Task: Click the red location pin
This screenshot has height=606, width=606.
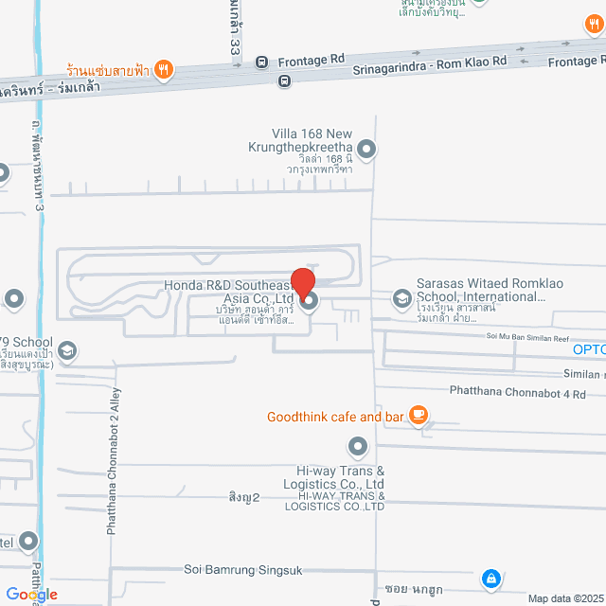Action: pos(303,283)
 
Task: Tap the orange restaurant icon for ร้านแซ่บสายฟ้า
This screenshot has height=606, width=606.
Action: pos(164,68)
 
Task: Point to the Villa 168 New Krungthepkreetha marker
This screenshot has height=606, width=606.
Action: pos(366,149)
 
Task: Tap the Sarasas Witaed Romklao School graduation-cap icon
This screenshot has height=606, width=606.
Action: pos(401,300)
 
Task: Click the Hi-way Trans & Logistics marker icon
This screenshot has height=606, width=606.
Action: pos(357,445)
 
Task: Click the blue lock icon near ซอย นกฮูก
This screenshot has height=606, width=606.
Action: pos(490,577)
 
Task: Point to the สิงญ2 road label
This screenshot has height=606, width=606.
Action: pos(244,496)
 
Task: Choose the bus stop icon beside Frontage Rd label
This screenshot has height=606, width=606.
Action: pos(260,62)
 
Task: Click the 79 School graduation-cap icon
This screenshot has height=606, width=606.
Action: pos(67,351)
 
